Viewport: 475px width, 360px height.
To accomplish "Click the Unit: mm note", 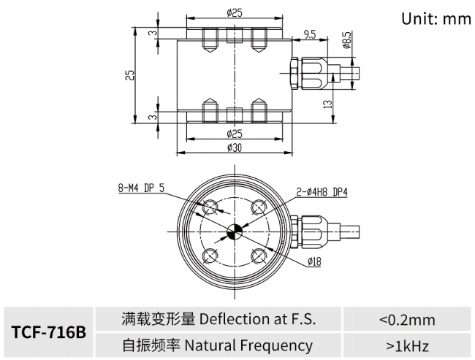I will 436,18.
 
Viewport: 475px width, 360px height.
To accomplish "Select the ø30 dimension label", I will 235,148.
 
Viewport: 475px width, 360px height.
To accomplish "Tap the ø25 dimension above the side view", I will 235,12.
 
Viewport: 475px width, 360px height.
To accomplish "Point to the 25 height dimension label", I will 129,76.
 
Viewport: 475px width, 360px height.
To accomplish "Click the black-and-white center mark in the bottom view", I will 235,232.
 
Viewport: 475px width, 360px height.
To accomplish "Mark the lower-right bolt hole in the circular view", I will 259,256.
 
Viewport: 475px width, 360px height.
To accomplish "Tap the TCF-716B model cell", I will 49,332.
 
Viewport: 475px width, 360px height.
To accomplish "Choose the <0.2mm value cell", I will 407,319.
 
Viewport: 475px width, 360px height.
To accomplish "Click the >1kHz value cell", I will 407,345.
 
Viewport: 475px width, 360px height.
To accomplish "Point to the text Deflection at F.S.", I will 258,319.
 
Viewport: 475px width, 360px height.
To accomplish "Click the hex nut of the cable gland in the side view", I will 293,73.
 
